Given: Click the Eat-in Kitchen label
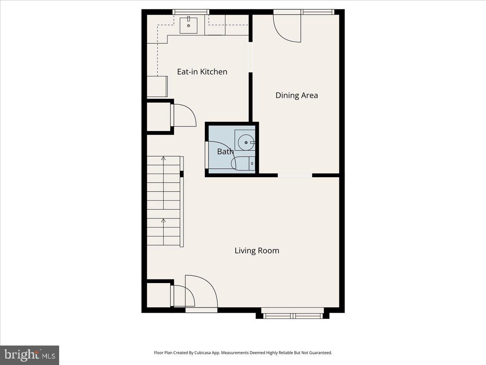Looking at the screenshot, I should [x=202, y=72].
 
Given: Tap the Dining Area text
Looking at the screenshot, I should [x=296, y=95].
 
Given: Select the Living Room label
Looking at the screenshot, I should [x=257, y=251].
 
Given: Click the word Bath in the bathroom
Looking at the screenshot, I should [x=225, y=152].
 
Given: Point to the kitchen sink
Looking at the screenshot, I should [x=188, y=25].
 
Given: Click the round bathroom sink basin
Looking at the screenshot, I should [x=245, y=142].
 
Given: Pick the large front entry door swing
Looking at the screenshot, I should [x=201, y=291].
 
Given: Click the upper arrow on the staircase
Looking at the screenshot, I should [x=163, y=159].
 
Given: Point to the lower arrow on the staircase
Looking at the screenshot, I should [x=163, y=221].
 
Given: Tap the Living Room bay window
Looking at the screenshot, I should [x=292, y=314].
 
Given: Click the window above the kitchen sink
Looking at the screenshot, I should [x=191, y=12].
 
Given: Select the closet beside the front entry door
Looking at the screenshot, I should [x=158, y=295].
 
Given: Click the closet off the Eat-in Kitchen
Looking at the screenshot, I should [x=158, y=117].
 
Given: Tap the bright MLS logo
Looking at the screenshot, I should [x=30, y=355].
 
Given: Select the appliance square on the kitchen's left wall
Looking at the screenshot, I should [x=157, y=86].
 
